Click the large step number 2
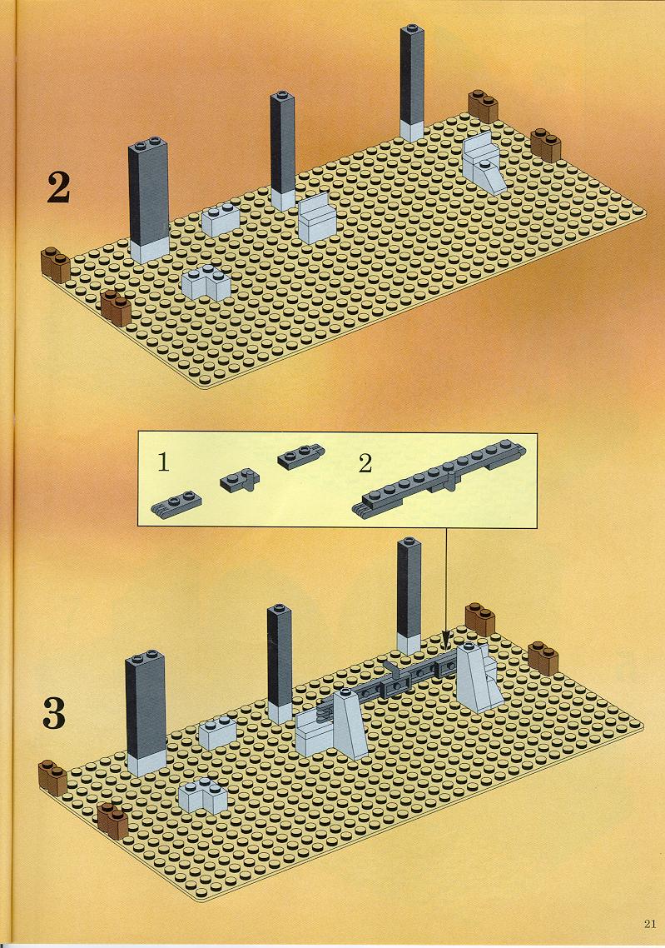58,187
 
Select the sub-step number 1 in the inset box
163,462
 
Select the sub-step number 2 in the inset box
365,464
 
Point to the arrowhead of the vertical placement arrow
446,638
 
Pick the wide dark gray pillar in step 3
146,713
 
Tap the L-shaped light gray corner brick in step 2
206,283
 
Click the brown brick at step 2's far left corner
56,265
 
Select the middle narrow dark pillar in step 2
283,151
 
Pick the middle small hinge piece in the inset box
240,481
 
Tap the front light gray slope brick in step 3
347,724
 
